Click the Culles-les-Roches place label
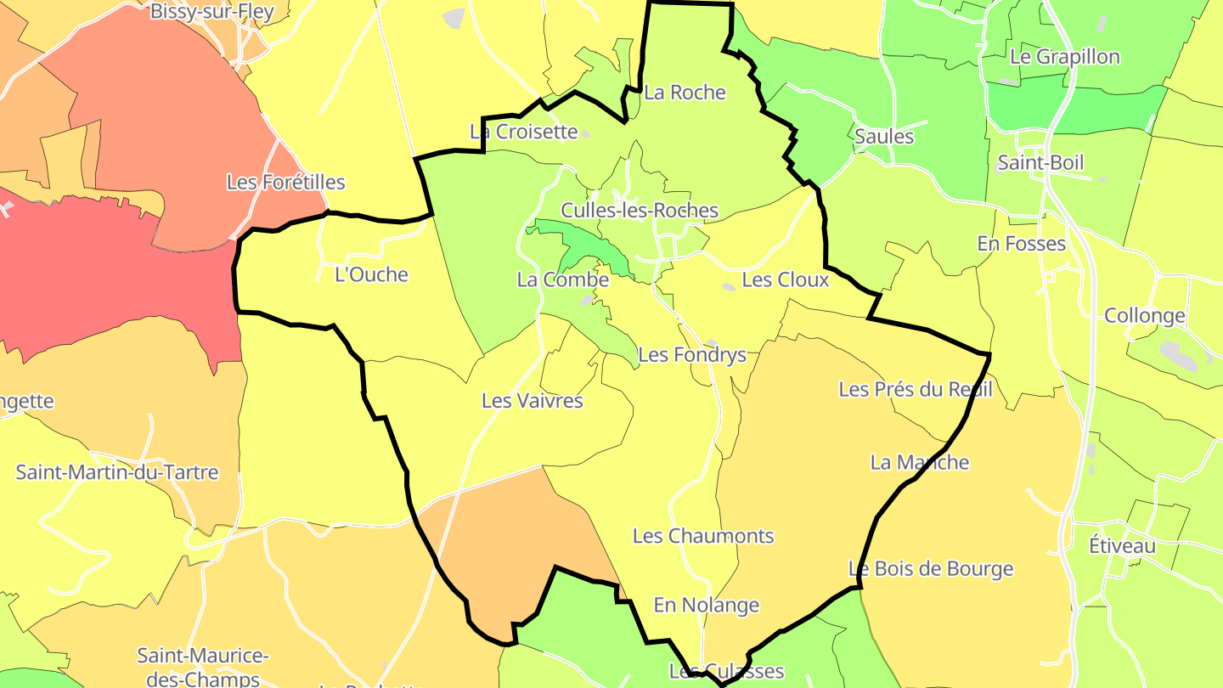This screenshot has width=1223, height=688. pyautogui.click(x=640, y=211)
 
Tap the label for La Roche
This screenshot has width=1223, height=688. pyautogui.click(x=685, y=93)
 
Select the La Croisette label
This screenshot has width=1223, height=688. pyautogui.click(x=523, y=132)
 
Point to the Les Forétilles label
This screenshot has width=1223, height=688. pyautogui.click(x=285, y=182)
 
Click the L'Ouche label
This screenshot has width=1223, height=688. pyautogui.click(x=371, y=274)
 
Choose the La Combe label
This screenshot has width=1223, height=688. pyautogui.click(x=562, y=279)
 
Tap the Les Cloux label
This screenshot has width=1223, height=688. pyautogui.click(x=785, y=279)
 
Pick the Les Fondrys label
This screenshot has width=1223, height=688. pyautogui.click(x=691, y=355)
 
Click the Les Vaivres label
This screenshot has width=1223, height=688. pyautogui.click(x=532, y=400)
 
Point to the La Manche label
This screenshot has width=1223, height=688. pyautogui.click(x=919, y=462)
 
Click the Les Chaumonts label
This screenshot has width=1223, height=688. pyautogui.click(x=703, y=536)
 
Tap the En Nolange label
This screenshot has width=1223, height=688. pyautogui.click(x=706, y=605)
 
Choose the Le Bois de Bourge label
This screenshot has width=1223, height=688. pyautogui.click(x=931, y=569)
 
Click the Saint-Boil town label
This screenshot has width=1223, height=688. pyautogui.click(x=1040, y=162)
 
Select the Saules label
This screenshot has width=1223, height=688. pyautogui.click(x=883, y=136)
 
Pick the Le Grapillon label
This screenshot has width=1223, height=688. pyautogui.click(x=1064, y=57)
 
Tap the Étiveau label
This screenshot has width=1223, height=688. pyautogui.click(x=1122, y=545)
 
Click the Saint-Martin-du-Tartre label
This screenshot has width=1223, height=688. pyautogui.click(x=117, y=472)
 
